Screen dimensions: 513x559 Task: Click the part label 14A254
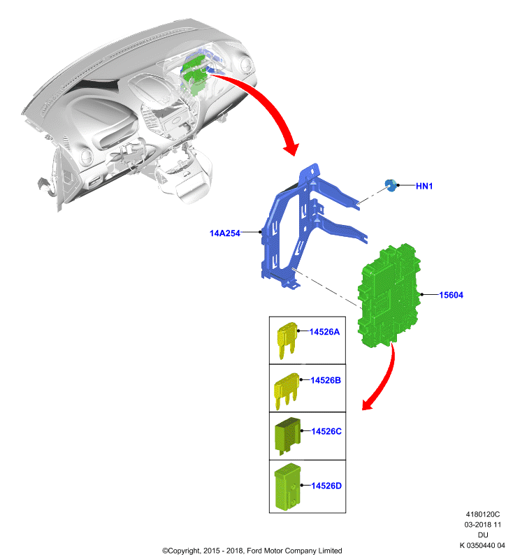[224, 233]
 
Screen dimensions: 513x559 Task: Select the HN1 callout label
[424, 186]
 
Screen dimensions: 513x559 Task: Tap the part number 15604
[451, 295]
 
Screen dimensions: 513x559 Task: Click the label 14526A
[324, 332]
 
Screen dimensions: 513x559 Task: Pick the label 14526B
[326, 380]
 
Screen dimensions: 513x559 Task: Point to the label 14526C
[326, 431]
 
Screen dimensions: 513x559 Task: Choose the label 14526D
[326, 486]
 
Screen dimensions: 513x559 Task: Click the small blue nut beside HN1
[391, 185]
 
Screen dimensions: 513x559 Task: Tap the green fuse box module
[389, 295]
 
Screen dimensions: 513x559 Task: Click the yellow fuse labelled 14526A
[287, 340]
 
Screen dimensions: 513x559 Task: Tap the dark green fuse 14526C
[287, 435]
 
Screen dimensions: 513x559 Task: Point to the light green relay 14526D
[287, 486]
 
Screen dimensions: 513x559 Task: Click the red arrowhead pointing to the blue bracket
[291, 148]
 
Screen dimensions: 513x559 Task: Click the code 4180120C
[483, 514]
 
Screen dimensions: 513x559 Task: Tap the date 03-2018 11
[483, 525]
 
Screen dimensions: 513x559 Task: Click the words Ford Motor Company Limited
[294, 551]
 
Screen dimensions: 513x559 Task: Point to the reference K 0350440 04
[482, 546]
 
